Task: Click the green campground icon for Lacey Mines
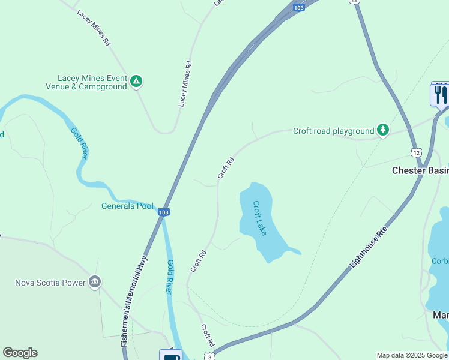(136, 81)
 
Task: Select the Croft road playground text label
(333, 131)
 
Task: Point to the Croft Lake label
(259, 218)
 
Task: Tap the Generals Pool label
(127, 206)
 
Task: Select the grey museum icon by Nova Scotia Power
(94, 282)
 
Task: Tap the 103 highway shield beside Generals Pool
(164, 212)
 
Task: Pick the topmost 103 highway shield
(299, 7)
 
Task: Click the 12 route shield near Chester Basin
(415, 152)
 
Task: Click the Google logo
(20, 353)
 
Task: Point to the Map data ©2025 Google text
(412, 355)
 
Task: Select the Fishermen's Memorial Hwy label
(134, 301)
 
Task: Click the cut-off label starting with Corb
(439, 261)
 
